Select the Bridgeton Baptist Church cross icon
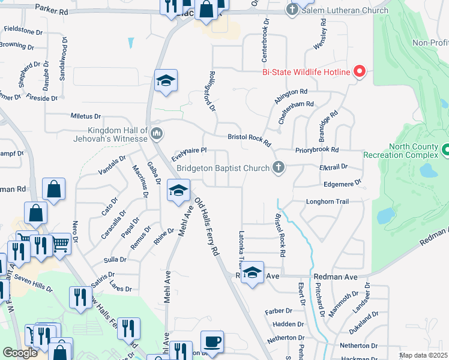[x=278, y=167]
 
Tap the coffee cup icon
[x=212, y=342]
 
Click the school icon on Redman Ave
[x=253, y=272]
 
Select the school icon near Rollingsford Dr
[x=166, y=80]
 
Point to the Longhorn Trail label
[x=327, y=202]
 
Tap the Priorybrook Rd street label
[x=317, y=149]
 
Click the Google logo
[x=20, y=353]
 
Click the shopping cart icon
[x=61, y=244]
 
